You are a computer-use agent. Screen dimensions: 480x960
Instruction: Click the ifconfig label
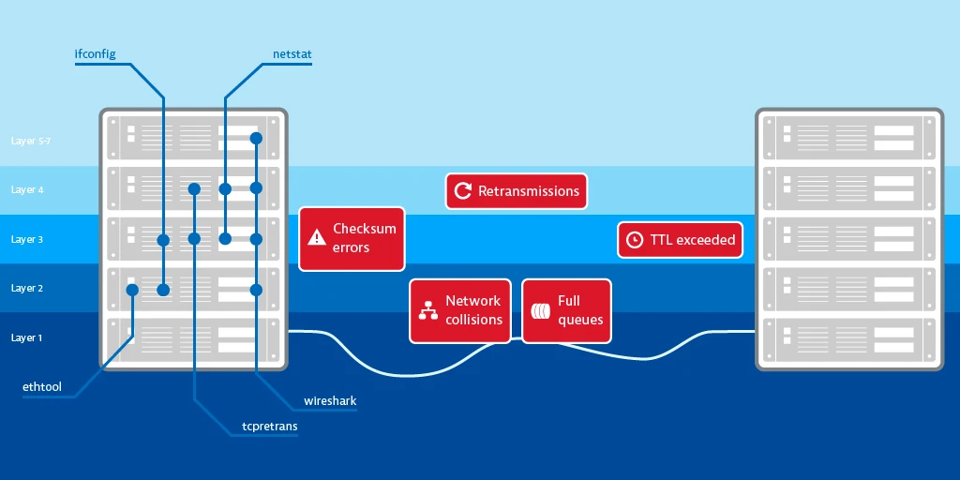tap(95, 54)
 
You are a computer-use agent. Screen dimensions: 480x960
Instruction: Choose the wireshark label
tap(330, 401)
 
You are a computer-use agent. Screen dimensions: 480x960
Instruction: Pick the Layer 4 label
tap(27, 190)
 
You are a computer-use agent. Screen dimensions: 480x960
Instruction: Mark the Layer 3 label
tap(27, 240)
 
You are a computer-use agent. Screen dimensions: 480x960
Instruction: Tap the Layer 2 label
tap(27, 289)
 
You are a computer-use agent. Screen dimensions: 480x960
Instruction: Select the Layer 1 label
tap(27, 337)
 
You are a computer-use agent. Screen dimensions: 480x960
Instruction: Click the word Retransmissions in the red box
tap(529, 191)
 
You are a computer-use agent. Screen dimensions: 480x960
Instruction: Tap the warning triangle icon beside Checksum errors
tap(316, 238)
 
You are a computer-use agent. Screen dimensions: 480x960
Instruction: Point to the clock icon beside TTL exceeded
tap(635, 240)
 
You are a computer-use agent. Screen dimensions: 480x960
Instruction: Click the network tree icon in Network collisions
tap(428, 310)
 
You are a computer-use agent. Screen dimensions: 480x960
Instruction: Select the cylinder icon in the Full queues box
tap(540, 310)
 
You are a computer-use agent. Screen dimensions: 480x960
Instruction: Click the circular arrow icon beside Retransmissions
tap(462, 191)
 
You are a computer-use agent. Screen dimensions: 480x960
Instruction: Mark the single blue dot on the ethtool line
tap(132, 291)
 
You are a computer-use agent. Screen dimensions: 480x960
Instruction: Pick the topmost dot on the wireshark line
tap(256, 139)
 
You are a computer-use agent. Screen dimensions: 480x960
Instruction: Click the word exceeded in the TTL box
tap(706, 240)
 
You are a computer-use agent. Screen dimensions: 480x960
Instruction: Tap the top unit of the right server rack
tap(848, 138)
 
